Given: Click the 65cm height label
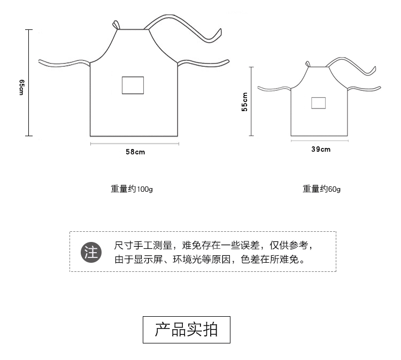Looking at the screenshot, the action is [22, 88].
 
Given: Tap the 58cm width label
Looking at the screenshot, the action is [135, 152].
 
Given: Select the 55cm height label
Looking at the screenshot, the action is [244, 101].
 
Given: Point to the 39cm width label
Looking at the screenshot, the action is [321, 149].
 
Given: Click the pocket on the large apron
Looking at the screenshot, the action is [133, 85].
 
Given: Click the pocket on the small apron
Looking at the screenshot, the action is [319, 103].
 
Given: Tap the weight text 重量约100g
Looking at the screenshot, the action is [132, 189].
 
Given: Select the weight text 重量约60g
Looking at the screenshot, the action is [321, 189].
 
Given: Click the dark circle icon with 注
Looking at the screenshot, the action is [91, 252].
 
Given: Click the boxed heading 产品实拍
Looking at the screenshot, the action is [187, 330].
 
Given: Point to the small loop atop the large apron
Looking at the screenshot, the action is [115, 25].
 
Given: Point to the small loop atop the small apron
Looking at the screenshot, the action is [307, 64].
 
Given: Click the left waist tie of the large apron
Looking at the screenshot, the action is [64, 64].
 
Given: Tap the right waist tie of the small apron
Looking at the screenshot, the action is [364, 89].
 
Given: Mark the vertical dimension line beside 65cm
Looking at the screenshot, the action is [29, 83].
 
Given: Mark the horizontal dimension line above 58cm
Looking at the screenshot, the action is [135, 144].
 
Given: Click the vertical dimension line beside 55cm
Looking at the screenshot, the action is [251, 101].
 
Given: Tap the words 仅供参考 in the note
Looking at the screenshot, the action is [289, 245].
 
